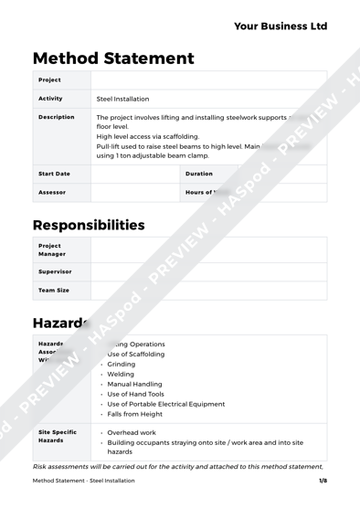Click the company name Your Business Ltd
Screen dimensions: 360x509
(280, 27)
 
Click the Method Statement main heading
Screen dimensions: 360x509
(113, 58)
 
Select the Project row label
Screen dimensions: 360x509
(49, 80)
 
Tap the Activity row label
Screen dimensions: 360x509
(51, 98)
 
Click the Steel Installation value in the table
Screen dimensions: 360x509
(123, 99)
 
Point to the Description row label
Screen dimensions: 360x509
(56, 117)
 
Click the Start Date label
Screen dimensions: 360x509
(54, 173)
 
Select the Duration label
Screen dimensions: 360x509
(199, 173)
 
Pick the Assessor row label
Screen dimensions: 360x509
(52, 193)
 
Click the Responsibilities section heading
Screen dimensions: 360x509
(89, 225)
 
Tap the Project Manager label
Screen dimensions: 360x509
(51, 249)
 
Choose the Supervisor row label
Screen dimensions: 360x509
(55, 271)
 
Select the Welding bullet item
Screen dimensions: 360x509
(122, 374)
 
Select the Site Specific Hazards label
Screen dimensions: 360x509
(57, 436)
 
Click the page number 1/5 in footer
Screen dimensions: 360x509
(323, 481)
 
